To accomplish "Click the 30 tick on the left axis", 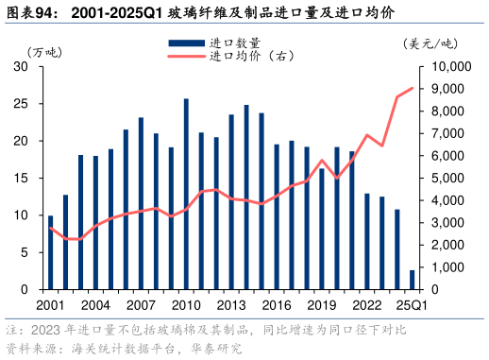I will tap(20, 67).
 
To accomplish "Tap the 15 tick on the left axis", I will tap(20, 178).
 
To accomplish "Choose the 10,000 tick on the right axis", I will tap(450, 67).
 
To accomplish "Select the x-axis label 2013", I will tap(231, 304).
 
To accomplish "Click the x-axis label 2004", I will tap(95, 304).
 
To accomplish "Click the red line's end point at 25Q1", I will tap(412, 89).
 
